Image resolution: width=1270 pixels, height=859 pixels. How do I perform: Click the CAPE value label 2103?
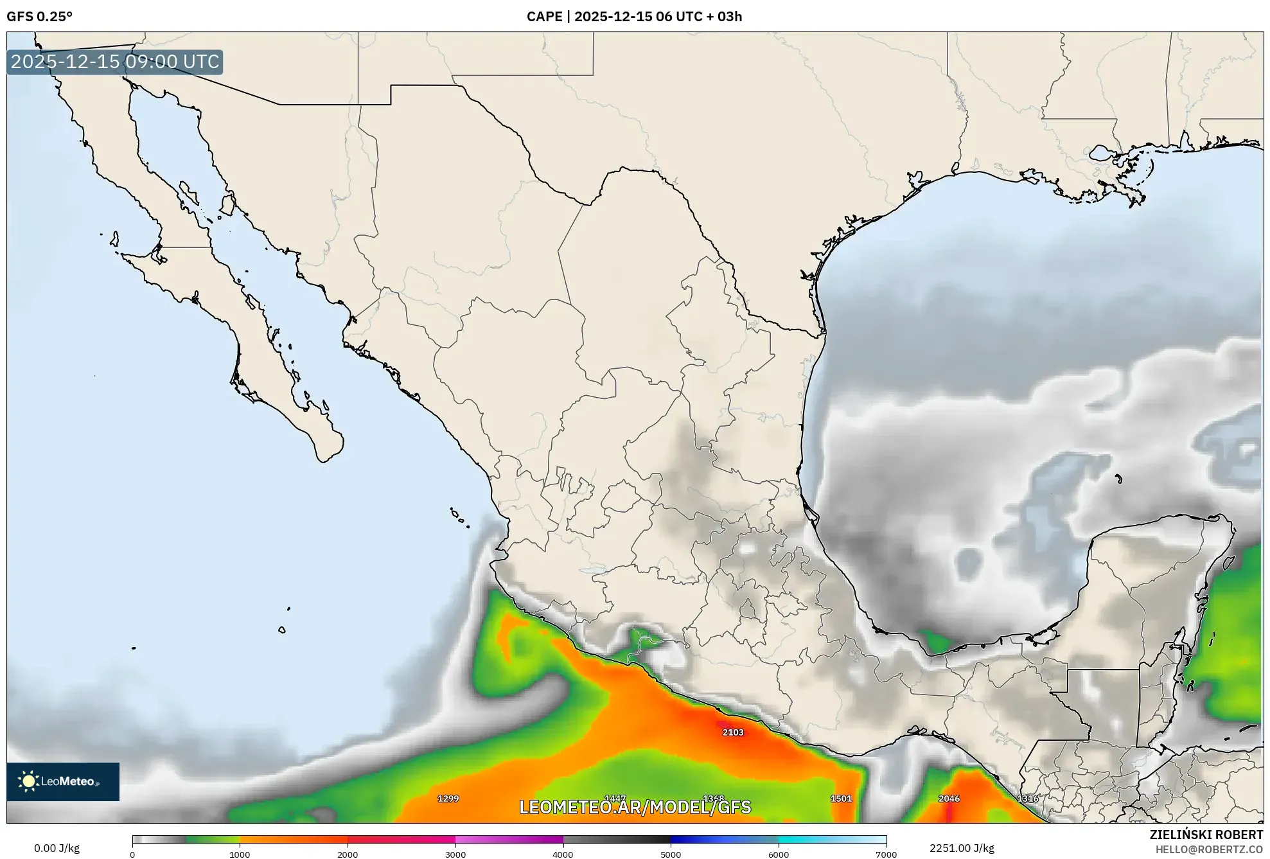[732, 732]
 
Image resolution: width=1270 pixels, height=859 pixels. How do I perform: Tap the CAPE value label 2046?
[948, 798]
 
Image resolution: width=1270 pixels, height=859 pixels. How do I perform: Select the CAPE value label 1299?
[448, 798]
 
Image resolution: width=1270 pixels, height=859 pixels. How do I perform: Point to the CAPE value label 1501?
[840, 798]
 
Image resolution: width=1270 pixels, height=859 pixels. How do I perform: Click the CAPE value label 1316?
[1027, 798]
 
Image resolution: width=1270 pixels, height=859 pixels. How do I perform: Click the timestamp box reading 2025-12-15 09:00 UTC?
[115, 62]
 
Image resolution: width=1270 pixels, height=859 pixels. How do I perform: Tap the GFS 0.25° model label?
[39, 17]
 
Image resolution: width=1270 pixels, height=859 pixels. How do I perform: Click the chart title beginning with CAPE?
[634, 17]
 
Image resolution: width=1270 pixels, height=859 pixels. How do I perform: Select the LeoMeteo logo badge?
[63, 781]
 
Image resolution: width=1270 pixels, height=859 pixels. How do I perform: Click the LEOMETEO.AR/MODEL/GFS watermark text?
[635, 807]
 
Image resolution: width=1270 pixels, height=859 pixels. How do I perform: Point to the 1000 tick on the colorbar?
[240, 854]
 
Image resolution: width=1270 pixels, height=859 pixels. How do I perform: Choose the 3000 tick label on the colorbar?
[455, 854]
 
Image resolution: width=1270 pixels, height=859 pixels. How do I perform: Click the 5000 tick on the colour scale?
[671, 854]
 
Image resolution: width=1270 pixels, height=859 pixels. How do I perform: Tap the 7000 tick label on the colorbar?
[886, 854]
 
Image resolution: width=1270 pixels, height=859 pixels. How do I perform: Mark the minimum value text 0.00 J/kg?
[57, 848]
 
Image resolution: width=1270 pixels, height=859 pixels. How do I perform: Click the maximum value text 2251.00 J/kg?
[962, 848]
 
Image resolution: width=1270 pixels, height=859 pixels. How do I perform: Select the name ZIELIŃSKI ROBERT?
[1206, 835]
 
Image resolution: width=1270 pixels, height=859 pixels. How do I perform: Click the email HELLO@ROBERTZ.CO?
[1209, 849]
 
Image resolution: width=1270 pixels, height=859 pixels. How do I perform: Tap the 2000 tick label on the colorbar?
[348, 854]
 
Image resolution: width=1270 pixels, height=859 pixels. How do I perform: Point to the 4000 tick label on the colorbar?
[563, 854]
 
